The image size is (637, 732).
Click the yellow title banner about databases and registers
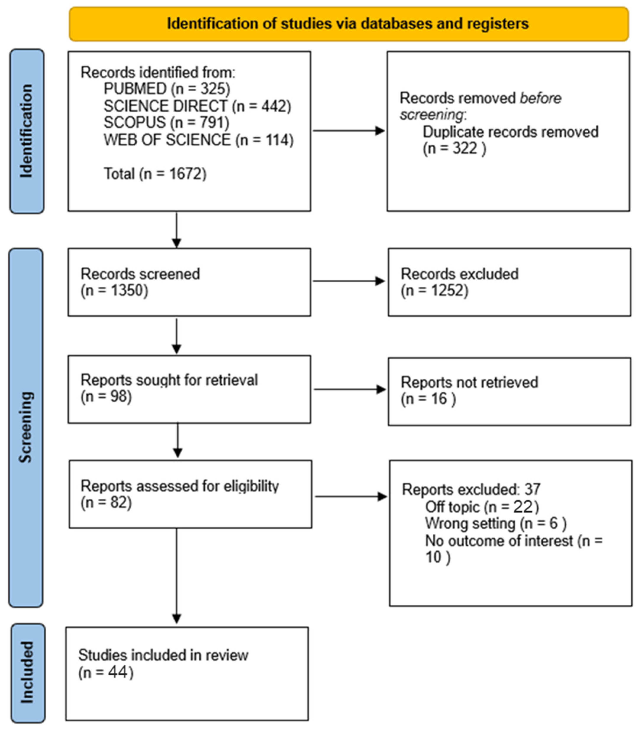(348, 24)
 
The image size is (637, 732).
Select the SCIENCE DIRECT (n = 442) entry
(197, 106)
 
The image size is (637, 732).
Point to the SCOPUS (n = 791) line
(166, 122)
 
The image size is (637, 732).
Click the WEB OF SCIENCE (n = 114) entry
(198, 140)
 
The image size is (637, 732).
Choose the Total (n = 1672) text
(155, 174)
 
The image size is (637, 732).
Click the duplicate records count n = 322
(454, 148)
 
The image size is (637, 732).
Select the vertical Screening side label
(26, 427)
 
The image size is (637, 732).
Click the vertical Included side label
(27, 673)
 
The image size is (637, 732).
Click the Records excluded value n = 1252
(434, 291)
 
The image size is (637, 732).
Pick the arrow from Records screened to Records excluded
(348, 281)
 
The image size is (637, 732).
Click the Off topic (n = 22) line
(482, 507)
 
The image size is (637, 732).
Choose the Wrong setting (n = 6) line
(496, 524)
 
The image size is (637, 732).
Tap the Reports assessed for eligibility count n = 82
(106, 503)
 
